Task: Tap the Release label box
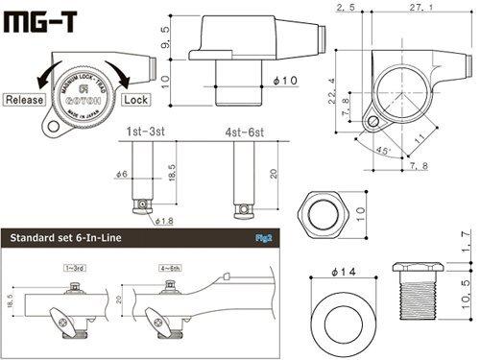(26, 99)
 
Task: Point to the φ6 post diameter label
(122, 174)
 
